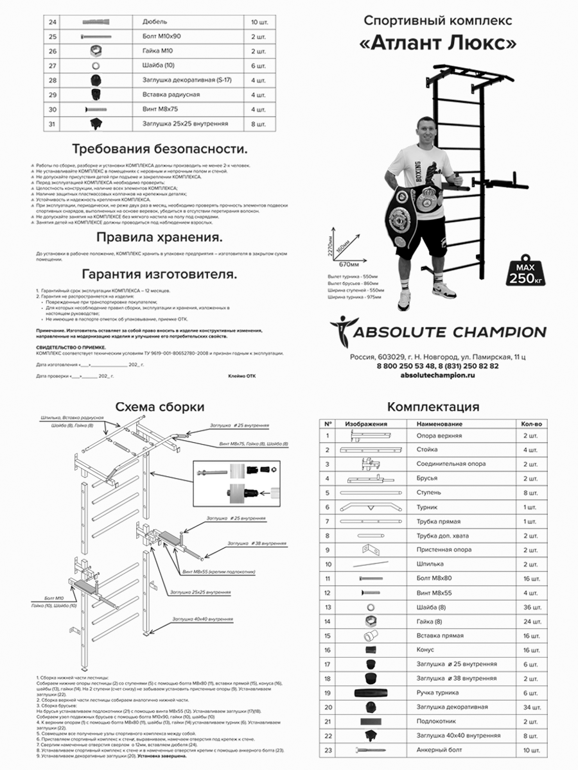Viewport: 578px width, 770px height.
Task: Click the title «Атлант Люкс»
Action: pyautogui.click(x=437, y=43)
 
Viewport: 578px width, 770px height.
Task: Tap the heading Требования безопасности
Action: pyautogui.click(x=159, y=149)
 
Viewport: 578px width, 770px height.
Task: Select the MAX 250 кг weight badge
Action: pyautogui.click(x=524, y=273)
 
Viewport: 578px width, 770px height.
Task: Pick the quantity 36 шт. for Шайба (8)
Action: pyautogui.click(x=531, y=606)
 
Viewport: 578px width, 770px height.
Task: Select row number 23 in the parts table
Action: pyautogui.click(x=328, y=749)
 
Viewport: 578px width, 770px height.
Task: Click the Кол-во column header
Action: pyautogui.click(x=531, y=424)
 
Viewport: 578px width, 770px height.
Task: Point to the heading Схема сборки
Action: pyautogui.click(x=159, y=407)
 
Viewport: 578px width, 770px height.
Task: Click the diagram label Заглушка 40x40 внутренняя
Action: pyautogui.click(x=202, y=619)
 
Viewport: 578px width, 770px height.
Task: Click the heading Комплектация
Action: pyautogui.click(x=433, y=407)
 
